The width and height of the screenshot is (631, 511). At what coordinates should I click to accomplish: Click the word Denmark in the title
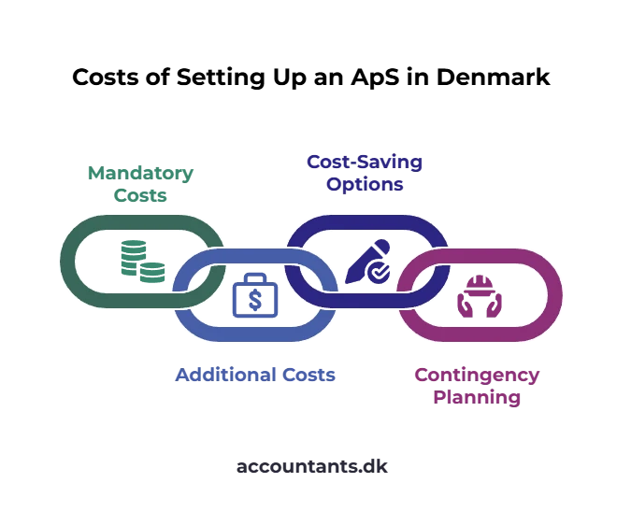click(493, 77)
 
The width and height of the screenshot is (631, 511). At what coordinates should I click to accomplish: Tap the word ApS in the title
click(375, 78)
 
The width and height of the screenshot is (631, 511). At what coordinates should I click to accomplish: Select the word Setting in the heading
click(221, 78)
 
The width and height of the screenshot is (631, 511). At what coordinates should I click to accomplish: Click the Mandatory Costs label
click(140, 184)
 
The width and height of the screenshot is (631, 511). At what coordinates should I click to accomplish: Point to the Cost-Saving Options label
click(365, 173)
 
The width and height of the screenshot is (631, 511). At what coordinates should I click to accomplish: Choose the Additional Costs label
click(255, 375)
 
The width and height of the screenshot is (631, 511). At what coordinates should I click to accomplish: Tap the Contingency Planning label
click(477, 386)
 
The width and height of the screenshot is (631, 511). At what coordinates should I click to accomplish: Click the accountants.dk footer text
click(312, 467)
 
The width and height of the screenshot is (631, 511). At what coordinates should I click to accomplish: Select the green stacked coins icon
click(143, 261)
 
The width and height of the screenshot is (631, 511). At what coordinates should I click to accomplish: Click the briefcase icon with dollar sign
click(255, 295)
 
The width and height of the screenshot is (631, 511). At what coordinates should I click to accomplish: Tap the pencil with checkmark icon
click(367, 262)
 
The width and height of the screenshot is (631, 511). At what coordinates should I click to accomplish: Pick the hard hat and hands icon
click(480, 296)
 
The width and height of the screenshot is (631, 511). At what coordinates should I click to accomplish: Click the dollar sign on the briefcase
click(255, 300)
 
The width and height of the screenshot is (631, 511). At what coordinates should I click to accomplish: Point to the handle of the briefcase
click(255, 278)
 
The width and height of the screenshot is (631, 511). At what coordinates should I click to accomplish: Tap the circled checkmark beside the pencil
click(379, 272)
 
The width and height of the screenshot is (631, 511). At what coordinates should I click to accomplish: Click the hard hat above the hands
click(480, 285)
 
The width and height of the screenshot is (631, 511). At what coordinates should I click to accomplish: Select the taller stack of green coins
click(133, 257)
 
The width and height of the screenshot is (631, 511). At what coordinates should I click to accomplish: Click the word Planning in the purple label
click(477, 398)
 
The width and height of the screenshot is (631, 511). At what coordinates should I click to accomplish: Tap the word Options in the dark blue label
click(365, 185)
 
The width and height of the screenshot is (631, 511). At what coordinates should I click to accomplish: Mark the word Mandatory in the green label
click(140, 173)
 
